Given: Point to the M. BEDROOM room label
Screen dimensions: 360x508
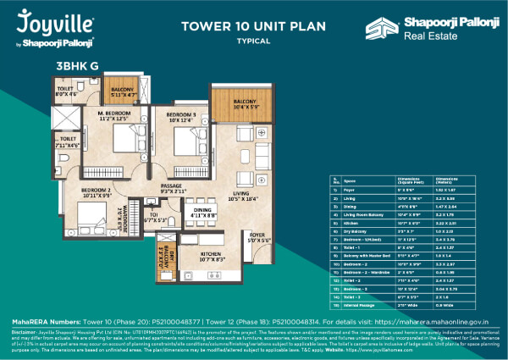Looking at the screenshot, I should click(112, 114).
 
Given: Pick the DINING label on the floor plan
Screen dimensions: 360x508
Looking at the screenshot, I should click(202, 209).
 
